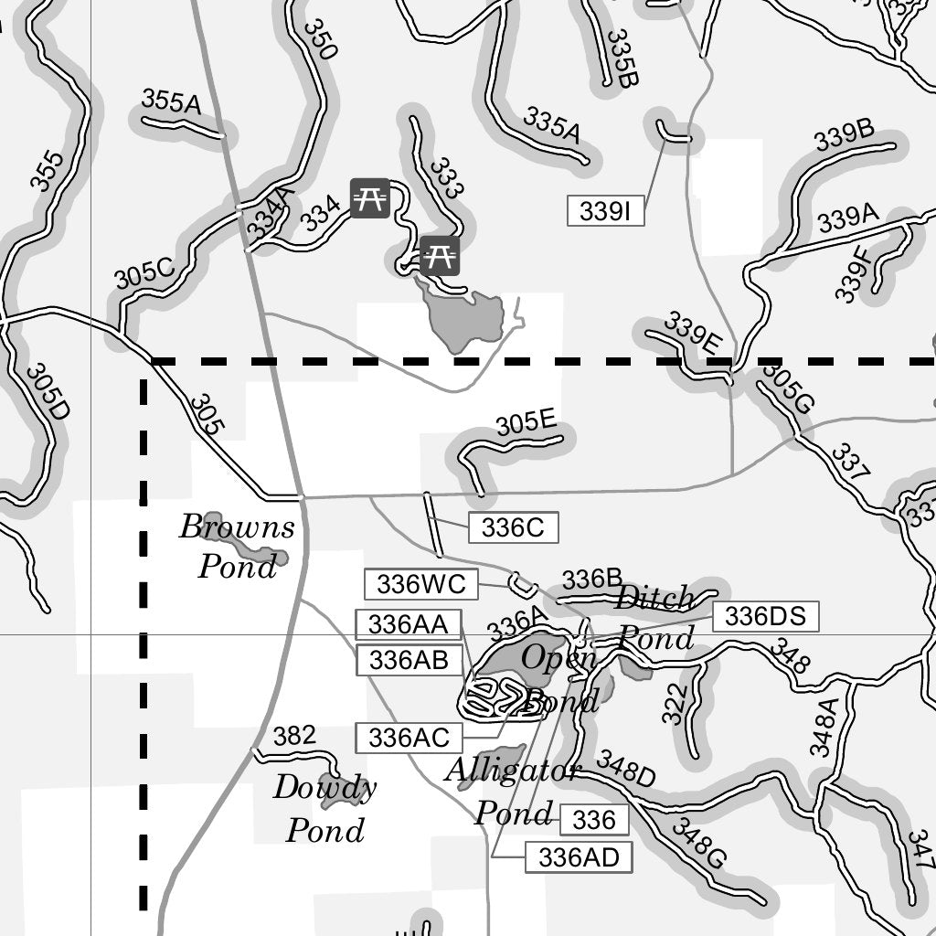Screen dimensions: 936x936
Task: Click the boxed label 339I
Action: click(x=605, y=211)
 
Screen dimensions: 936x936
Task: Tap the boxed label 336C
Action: click(x=512, y=527)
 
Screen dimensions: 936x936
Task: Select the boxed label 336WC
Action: click(x=421, y=583)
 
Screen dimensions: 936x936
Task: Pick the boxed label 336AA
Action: click(x=408, y=624)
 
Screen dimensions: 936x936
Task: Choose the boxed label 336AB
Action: click(x=408, y=659)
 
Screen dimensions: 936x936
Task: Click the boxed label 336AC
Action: click(x=408, y=737)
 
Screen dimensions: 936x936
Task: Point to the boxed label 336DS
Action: click(x=765, y=617)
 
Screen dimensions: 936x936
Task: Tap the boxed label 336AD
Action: click(x=579, y=857)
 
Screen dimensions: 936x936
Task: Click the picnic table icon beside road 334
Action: click(x=370, y=198)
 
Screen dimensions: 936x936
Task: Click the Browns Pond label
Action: click(x=237, y=547)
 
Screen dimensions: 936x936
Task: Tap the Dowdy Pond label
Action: click(x=324, y=808)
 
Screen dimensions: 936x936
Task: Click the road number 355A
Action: click(x=171, y=102)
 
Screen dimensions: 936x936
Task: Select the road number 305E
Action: click(x=526, y=424)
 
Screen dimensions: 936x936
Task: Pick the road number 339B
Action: click(x=844, y=136)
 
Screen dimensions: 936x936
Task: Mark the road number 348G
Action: click(x=698, y=844)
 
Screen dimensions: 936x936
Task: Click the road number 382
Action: click(x=294, y=736)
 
